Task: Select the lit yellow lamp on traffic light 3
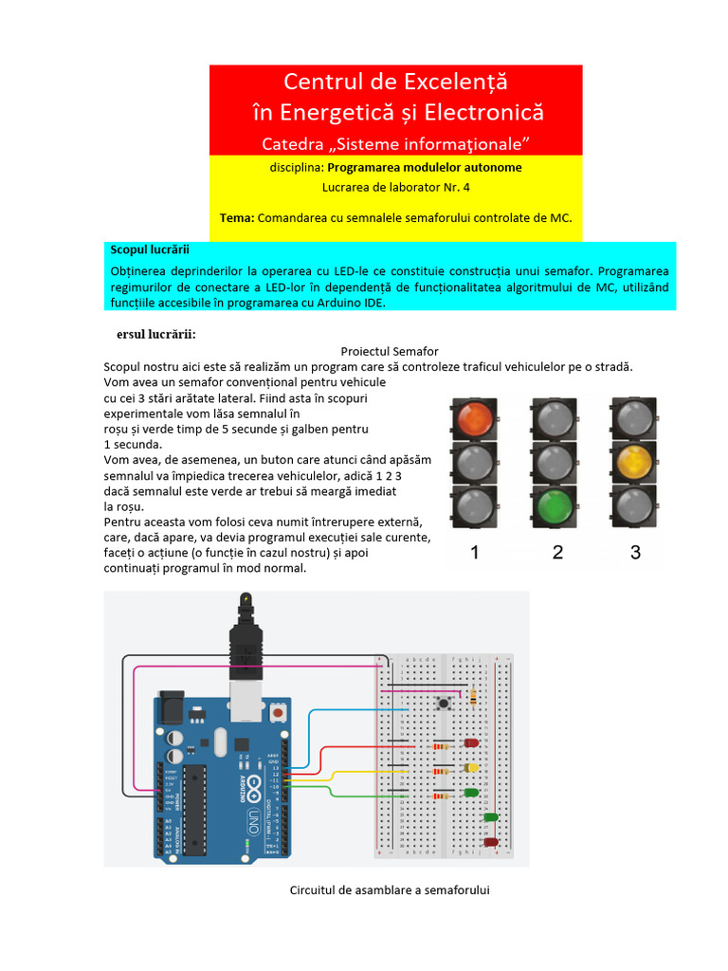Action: tap(635, 462)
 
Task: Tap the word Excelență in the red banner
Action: tap(447, 81)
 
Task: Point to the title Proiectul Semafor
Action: tap(389, 351)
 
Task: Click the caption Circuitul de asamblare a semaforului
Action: tap(389, 890)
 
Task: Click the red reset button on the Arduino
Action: tap(279, 711)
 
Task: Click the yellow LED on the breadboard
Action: tap(471, 767)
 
